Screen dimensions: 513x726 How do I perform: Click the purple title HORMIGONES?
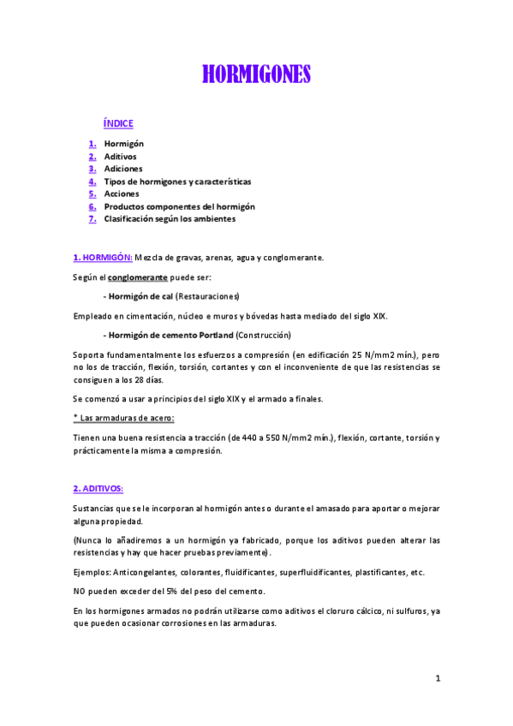tap(256, 75)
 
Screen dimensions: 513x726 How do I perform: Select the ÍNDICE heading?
tap(117, 124)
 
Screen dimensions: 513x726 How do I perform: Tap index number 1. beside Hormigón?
tap(92, 144)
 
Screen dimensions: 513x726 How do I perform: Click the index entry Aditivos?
tap(120, 157)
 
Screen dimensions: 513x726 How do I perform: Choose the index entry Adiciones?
tap(123, 169)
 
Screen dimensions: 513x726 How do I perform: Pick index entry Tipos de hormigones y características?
tap(177, 181)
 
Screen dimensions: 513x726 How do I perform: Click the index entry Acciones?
tap(122, 193)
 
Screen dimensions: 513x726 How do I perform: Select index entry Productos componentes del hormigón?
tap(179, 206)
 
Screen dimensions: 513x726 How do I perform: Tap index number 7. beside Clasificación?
tap(92, 218)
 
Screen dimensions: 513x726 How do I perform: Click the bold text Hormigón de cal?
tap(139, 296)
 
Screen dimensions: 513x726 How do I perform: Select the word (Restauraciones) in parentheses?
tap(208, 296)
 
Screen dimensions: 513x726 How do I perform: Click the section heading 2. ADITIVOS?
tap(98, 489)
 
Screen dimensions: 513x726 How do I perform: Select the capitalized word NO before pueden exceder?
tap(79, 592)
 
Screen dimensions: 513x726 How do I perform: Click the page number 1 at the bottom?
tap(438, 679)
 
